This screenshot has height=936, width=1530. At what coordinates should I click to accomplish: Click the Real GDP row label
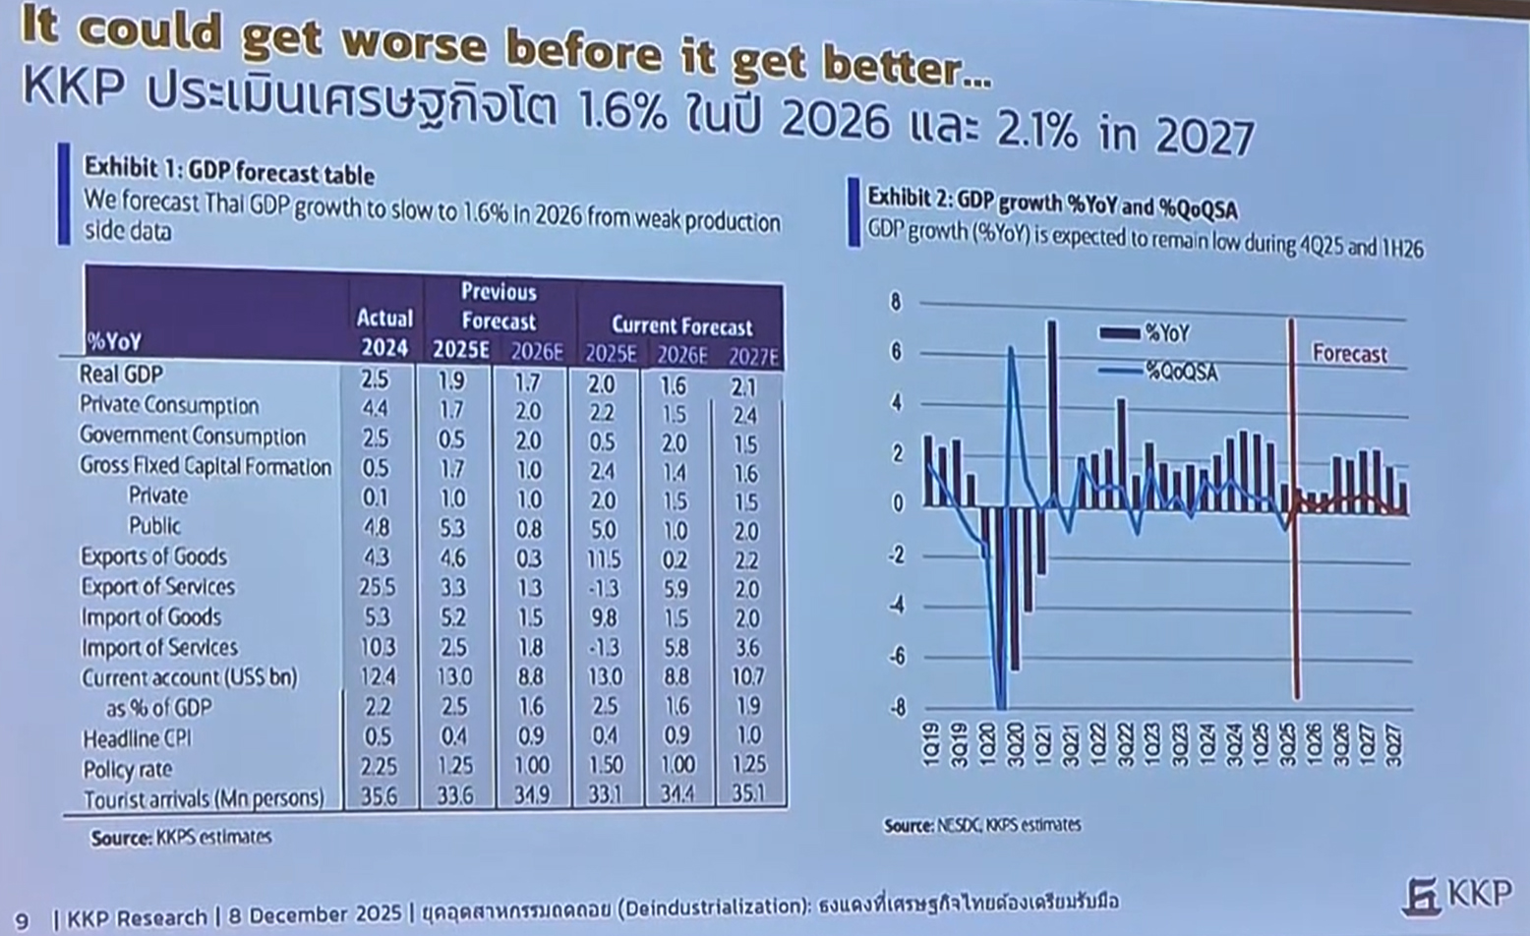121,375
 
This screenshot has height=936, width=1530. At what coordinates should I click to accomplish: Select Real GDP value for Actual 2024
375,380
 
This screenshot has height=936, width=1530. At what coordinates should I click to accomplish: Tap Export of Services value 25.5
378,587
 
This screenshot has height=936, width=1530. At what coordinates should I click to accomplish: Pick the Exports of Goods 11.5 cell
604,559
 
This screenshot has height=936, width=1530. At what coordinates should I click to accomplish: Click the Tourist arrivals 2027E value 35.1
748,792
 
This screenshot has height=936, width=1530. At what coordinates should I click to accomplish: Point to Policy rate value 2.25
379,766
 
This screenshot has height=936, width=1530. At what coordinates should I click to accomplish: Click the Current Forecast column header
681,325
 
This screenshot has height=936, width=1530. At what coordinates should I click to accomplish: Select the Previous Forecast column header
499,306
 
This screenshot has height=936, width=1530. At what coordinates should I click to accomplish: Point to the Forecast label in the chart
1349,354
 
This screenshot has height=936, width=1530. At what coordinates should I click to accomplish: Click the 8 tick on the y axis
895,302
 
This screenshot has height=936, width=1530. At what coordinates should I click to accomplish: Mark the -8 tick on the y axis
897,708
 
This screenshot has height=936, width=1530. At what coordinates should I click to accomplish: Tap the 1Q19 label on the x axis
930,744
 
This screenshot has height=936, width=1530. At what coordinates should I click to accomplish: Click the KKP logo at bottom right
1458,894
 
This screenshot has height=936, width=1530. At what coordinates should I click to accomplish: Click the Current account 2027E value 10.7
747,676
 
